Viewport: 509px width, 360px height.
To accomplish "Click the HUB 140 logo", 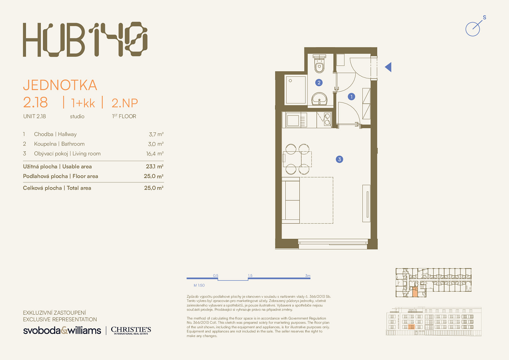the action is tap(85, 39).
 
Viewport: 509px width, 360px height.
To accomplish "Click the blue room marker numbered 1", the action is tap(351, 97).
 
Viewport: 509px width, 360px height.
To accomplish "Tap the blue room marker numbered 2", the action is tap(319, 83).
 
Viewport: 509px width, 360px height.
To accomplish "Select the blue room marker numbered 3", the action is tap(339, 159).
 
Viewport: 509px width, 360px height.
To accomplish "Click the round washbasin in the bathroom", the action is tap(319, 99).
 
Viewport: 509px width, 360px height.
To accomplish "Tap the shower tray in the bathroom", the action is tap(296, 90).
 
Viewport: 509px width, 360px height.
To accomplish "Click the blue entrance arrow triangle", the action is tap(388, 67).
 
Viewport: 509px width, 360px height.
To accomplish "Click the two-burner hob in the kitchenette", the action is tap(327, 119).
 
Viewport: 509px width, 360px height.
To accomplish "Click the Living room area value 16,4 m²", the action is tap(155, 154).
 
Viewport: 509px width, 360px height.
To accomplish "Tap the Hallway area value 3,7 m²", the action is tap(156, 134).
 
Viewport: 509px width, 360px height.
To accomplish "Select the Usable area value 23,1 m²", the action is tap(155, 166).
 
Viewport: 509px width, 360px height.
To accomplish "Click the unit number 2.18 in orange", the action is tap(35, 103).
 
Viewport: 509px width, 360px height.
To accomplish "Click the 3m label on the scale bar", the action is tap(308, 275).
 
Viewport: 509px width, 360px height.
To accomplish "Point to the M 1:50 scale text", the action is tap(199, 285).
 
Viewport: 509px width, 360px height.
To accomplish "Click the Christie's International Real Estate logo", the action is tap(131, 330).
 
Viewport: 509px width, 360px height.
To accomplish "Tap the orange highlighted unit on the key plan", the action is tap(415, 292).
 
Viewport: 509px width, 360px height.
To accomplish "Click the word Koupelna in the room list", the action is tap(45, 144).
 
